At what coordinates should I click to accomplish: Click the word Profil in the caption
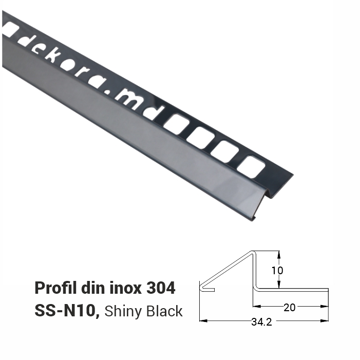click(53, 288)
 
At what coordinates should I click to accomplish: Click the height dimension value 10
click(278, 270)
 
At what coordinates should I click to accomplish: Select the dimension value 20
click(290, 307)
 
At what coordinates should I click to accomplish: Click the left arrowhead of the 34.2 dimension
click(202, 321)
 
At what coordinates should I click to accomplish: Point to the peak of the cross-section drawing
click(253, 252)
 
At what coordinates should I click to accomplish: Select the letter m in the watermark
click(126, 97)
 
